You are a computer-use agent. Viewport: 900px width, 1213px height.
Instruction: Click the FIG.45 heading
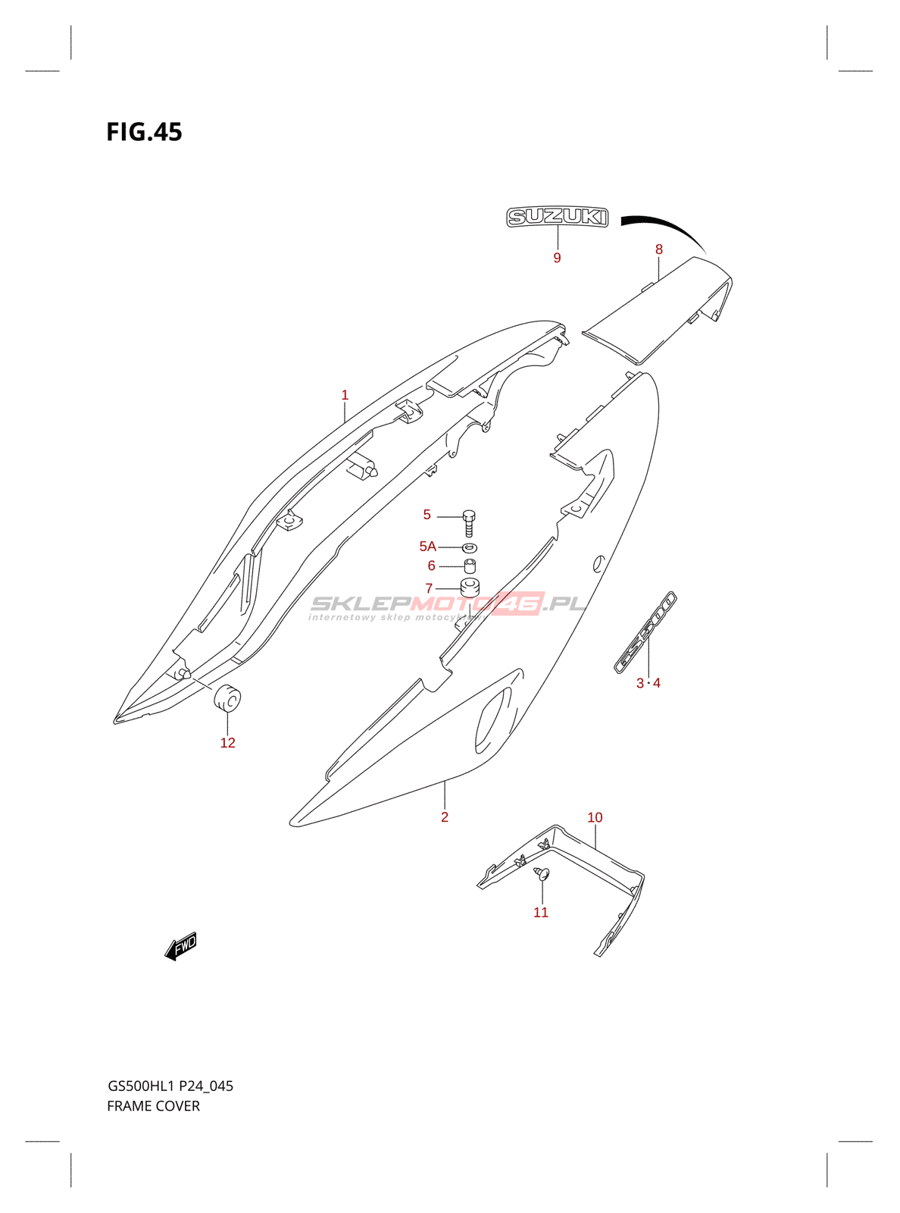[x=144, y=132]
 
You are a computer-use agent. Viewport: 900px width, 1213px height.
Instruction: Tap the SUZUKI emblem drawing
[x=557, y=217]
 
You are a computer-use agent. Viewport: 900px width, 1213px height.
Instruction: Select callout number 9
[x=557, y=258]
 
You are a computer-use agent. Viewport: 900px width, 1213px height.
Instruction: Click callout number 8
[x=659, y=249]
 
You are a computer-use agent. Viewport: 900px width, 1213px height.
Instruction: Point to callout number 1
[x=345, y=395]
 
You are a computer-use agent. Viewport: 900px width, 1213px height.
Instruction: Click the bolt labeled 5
[x=470, y=522]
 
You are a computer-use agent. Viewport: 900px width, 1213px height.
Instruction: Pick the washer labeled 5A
[x=470, y=547]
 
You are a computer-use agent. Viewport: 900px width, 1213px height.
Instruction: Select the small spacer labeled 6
[x=470, y=566]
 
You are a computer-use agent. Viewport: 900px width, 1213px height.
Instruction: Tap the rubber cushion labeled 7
[x=470, y=588]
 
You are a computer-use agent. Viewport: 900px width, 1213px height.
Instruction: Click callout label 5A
[x=427, y=546]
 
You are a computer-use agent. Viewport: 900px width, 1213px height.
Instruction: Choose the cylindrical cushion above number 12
[x=226, y=698]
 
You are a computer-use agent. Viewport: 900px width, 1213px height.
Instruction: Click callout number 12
[x=227, y=743]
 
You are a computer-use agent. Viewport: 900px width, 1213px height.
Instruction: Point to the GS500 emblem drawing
[x=645, y=632]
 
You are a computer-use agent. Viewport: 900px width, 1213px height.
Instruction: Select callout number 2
[x=445, y=817]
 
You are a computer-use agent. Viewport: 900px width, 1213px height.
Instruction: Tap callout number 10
[x=595, y=817]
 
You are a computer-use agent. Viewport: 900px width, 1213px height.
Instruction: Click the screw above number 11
[x=541, y=874]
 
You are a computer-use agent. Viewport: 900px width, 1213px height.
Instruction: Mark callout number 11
[x=540, y=912]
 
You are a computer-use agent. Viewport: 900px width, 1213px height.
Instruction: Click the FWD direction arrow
[x=181, y=946]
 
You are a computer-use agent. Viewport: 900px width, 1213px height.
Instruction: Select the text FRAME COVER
[x=153, y=1106]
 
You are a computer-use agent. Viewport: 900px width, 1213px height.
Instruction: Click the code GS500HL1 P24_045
[x=170, y=1086]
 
